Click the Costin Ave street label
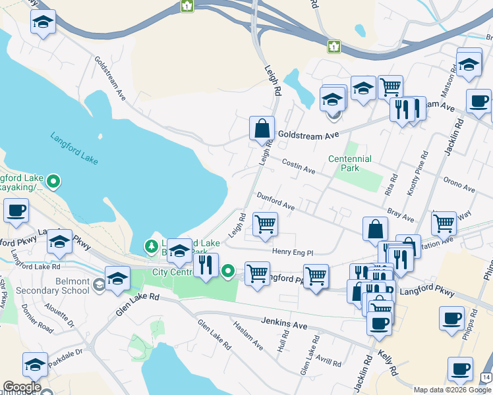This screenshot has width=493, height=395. click(x=298, y=166)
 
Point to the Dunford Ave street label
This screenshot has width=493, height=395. click(x=275, y=201)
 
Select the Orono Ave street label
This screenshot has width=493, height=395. click(x=459, y=184)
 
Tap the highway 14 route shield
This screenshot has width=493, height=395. click(x=486, y=376)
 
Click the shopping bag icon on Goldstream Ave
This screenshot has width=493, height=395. click(x=262, y=128)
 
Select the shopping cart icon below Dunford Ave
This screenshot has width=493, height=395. click(x=265, y=224)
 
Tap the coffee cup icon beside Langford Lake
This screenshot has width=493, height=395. click(x=15, y=211)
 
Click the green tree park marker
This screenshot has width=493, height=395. click(x=152, y=246)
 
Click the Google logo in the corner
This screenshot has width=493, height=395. click(x=22, y=387)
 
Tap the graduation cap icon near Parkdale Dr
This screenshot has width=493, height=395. click(x=36, y=364)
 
